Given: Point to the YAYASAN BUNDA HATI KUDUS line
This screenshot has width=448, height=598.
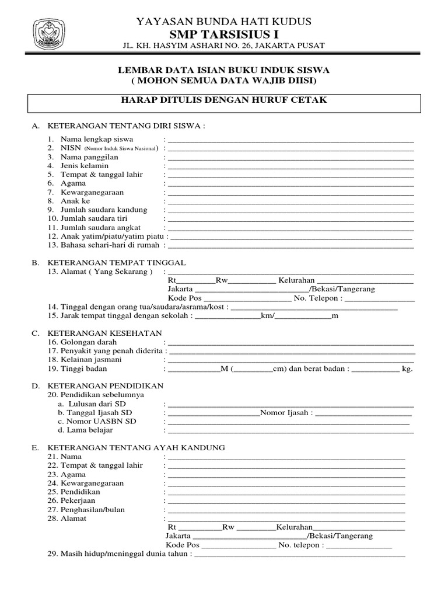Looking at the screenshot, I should [x=223, y=22].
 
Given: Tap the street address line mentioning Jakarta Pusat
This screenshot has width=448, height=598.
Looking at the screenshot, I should [x=223, y=46].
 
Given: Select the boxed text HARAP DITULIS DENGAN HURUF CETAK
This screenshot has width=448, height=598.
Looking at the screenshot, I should [x=223, y=100].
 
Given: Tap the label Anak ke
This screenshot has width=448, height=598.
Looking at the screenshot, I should [x=75, y=201].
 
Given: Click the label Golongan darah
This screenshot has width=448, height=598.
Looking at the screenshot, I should [x=89, y=342].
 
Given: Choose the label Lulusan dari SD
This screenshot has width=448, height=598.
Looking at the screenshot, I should [x=97, y=404].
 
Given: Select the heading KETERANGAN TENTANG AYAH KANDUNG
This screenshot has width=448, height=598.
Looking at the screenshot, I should [x=136, y=447].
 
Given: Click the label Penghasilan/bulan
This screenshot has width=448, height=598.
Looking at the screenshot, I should [x=93, y=509].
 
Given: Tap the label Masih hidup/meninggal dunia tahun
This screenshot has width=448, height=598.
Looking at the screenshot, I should [x=120, y=553].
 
